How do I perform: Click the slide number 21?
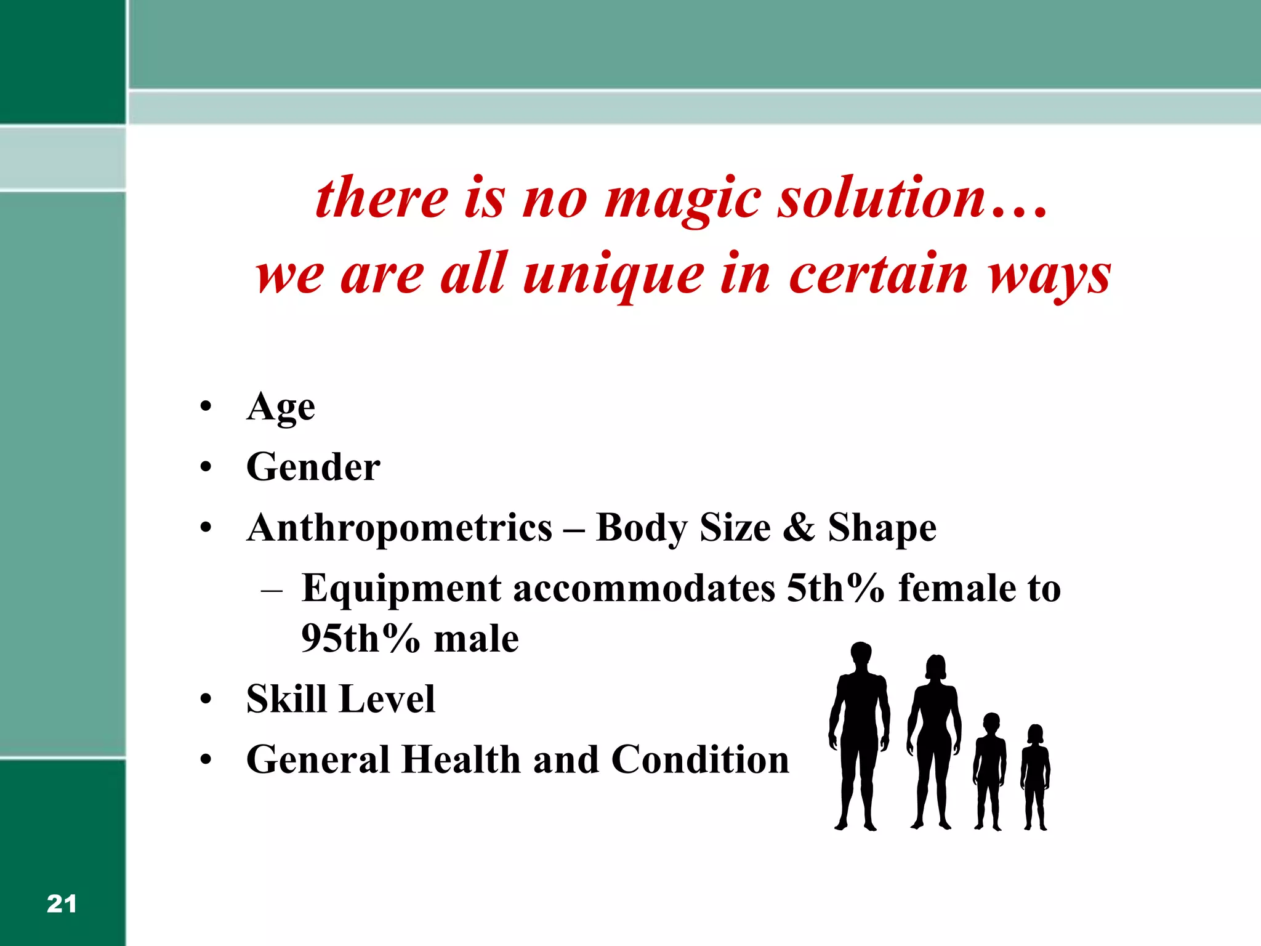pyautogui.click(x=62, y=904)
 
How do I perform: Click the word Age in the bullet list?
pyautogui.click(x=281, y=407)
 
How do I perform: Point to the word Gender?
pyautogui.click(x=313, y=467)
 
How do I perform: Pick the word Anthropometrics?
pyautogui.click(x=400, y=528)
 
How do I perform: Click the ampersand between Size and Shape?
pyautogui.click(x=799, y=528)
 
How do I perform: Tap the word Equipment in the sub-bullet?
pyautogui.click(x=401, y=589)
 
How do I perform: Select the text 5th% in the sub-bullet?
pyautogui.click(x=836, y=588)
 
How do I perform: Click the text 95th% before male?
pyautogui.click(x=360, y=638)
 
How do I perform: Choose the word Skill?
pyautogui.click(x=286, y=698)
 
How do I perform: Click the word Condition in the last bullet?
pyautogui.click(x=700, y=759)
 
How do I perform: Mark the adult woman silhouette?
pyautogui.click(x=935, y=739)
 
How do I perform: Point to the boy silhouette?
pyautogui.click(x=989, y=770)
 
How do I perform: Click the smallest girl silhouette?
pyautogui.click(x=1036, y=776)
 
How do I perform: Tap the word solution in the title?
pyautogui.click(x=882, y=198)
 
